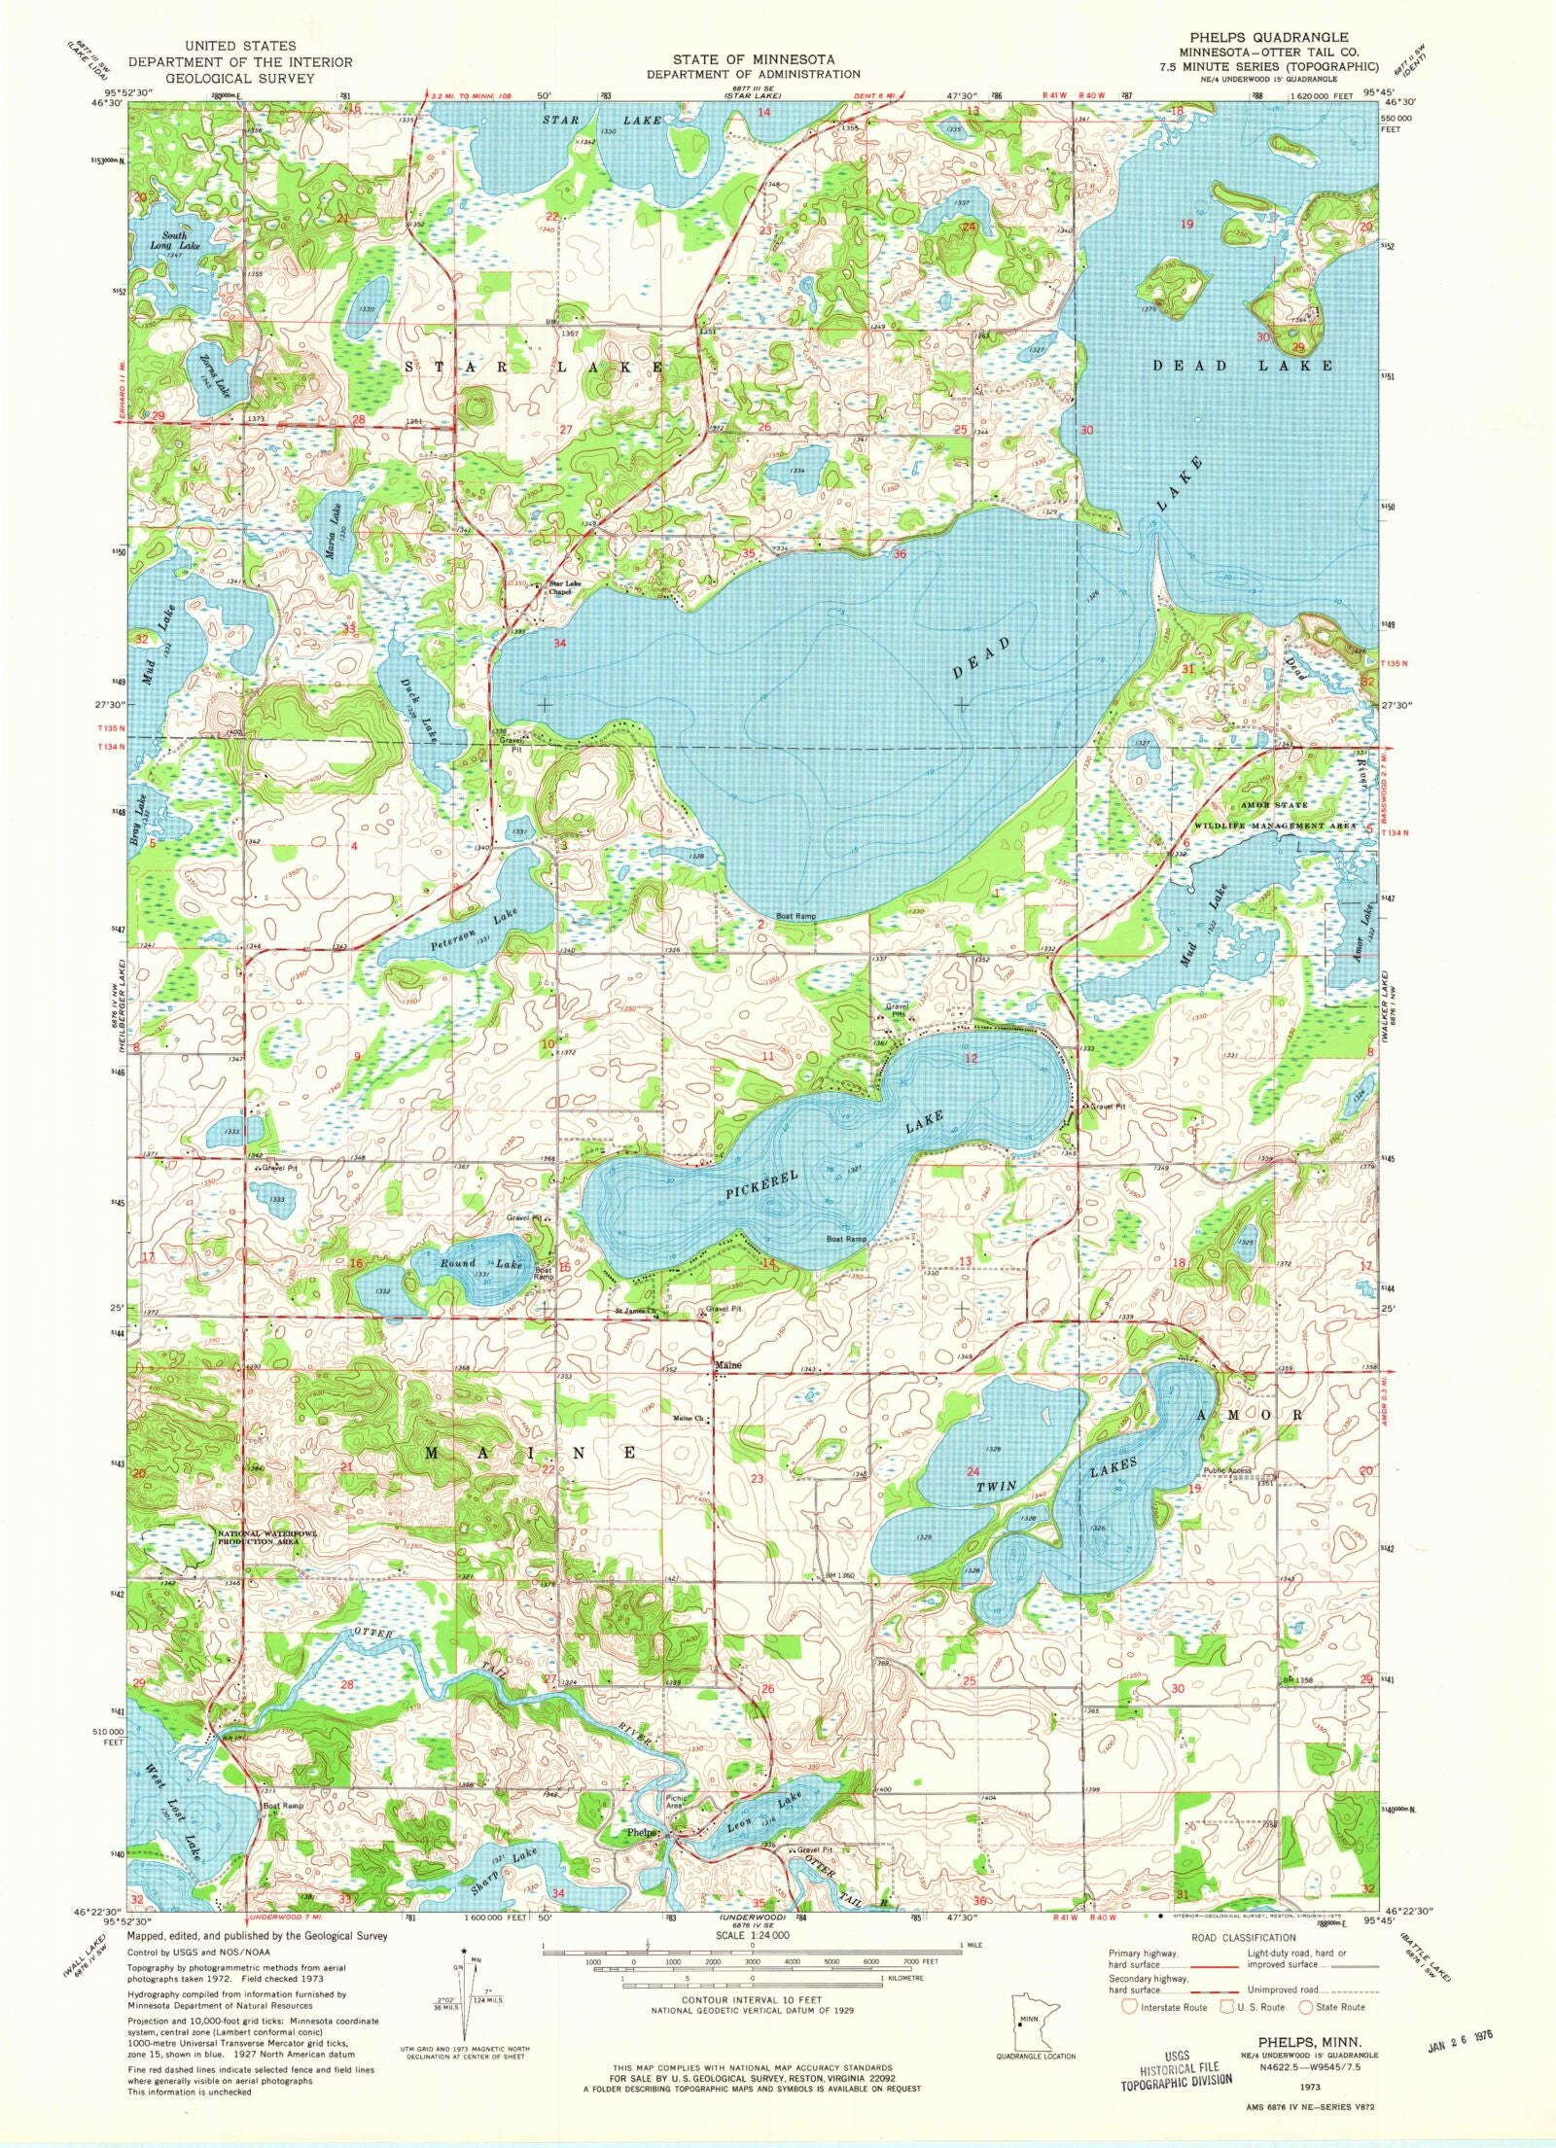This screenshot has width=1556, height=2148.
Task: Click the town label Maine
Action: click(x=728, y=1365)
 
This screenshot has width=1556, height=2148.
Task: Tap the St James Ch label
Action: click(x=636, y=1310)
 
